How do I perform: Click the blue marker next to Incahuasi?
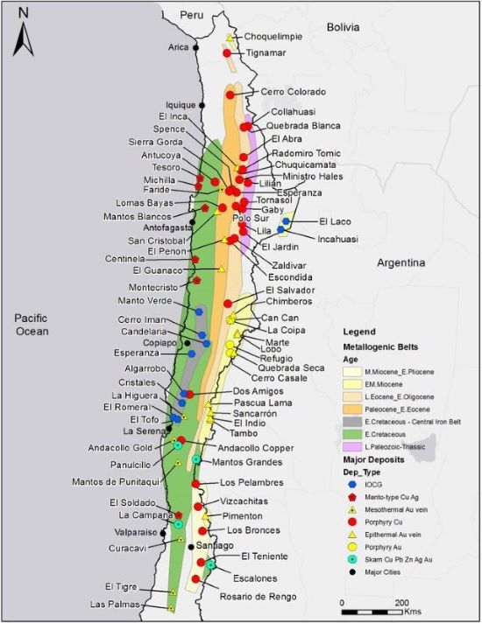click(281, 230)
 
